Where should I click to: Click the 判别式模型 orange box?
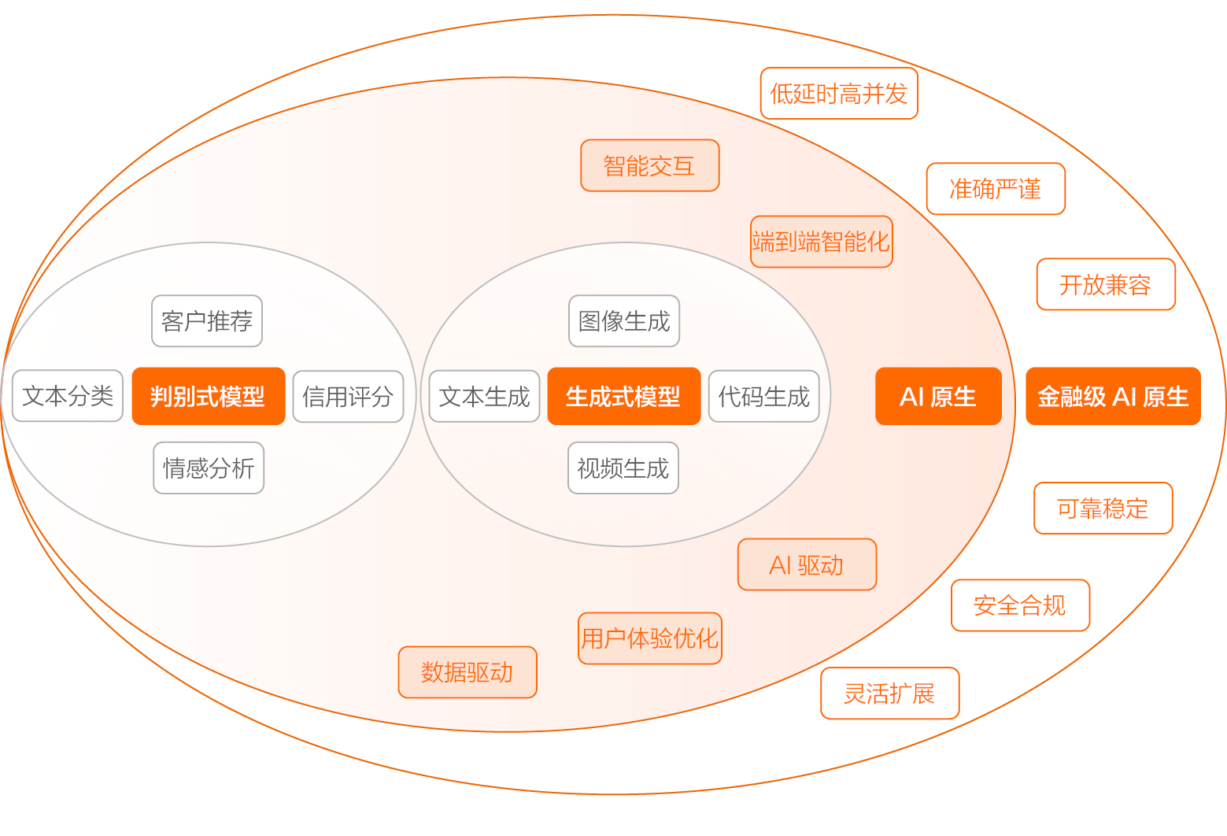[208, 396]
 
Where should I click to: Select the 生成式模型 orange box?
[624, 396]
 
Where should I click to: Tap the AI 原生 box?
[938, 396]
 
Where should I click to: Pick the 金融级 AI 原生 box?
[1113, 396]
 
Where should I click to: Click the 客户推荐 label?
[207, 321]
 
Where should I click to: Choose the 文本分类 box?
[68, 395]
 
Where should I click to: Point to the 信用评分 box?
[348, 396]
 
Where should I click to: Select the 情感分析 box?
[209, 468]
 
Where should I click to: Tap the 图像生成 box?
[624, 321]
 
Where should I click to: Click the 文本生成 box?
[484, 396]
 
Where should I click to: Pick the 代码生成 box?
[764, 396]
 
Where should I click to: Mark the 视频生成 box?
[623, 468]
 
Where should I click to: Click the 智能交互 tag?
[649, 165]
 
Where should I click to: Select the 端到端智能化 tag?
[821, 242]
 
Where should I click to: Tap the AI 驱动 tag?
[807, 564]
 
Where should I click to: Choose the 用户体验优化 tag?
[649, 638]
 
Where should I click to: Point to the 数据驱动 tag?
[468, 672]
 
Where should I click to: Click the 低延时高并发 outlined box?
[839, 93]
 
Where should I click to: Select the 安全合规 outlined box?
[1021, 605]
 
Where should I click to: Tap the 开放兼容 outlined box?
[1106, 284]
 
